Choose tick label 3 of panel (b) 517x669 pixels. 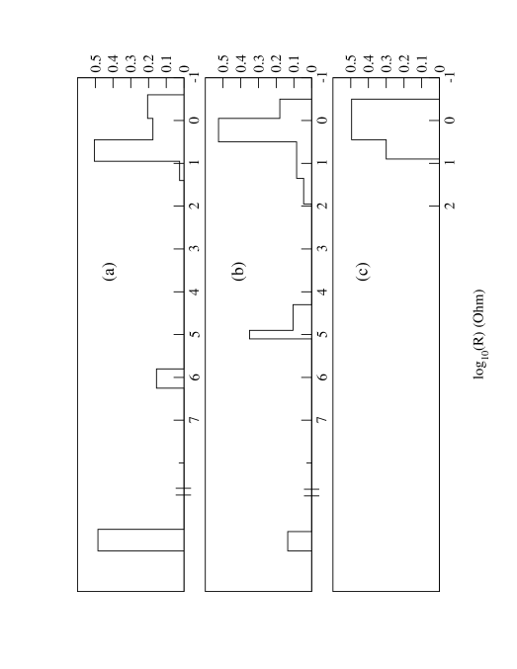click(323, 248)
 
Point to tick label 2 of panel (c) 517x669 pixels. click(451, 206)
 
